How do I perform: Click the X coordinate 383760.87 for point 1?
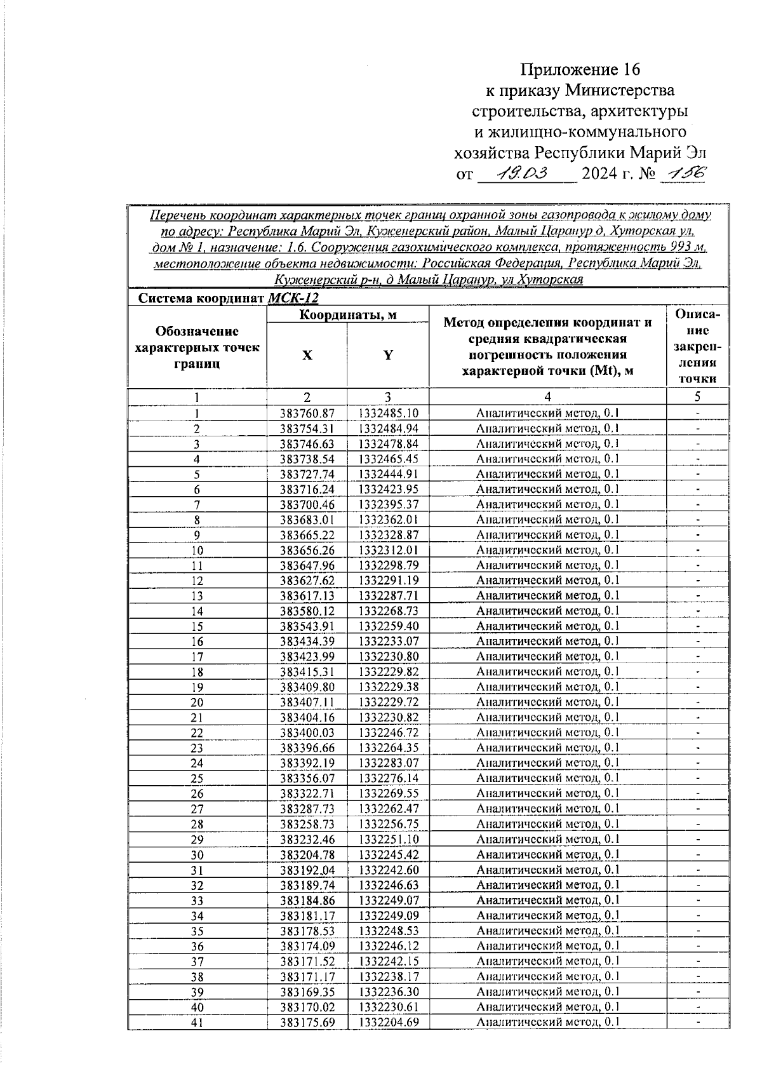(307, 414)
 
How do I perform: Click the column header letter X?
(307, 356)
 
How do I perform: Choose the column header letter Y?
(388, 356)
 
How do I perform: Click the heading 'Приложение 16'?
(581, 69)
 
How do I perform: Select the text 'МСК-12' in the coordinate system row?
(293, 299)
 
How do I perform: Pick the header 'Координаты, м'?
(348, 315)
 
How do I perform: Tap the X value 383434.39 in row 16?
(307, 642)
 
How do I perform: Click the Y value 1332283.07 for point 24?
(388, 763)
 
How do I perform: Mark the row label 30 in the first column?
(197, 855)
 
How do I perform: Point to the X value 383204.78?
(307, 855)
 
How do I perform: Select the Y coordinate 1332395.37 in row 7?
(388, 505)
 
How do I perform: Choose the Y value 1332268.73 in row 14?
(388, 611)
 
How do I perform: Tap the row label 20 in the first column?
(197, 703)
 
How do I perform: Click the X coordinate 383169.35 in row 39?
(307, 992)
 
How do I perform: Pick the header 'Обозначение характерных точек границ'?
(197, 347)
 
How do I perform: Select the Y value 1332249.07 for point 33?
(388, 901)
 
